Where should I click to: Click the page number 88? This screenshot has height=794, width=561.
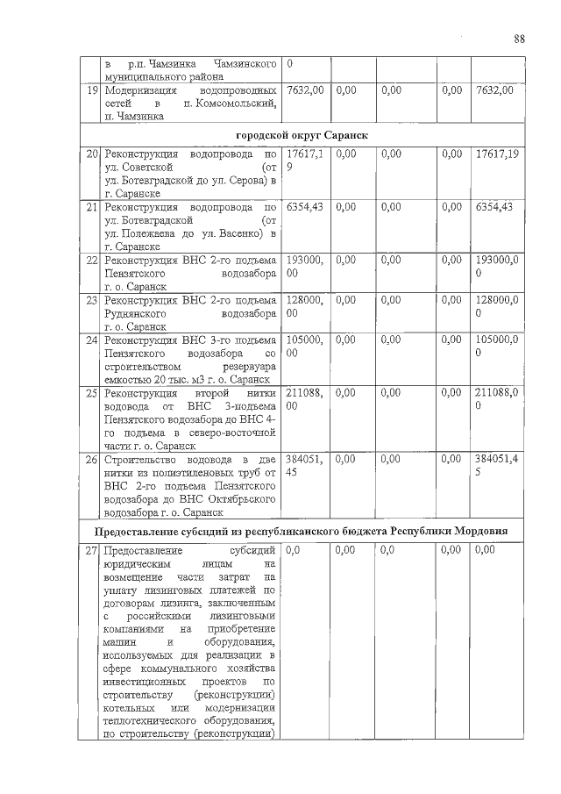519,39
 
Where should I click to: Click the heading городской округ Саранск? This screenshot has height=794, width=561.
302,135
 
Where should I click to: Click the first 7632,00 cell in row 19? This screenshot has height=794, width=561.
306,90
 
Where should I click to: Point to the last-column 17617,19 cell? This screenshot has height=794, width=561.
494,154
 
